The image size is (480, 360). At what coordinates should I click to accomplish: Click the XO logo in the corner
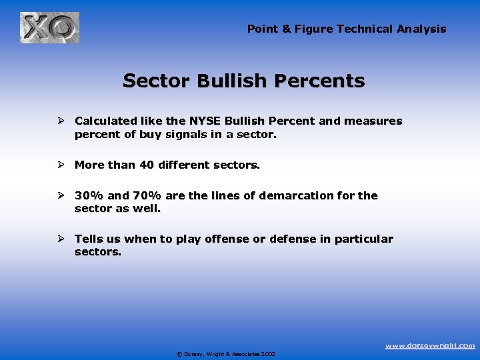(49, 27)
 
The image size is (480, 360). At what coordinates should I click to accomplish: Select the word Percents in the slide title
(327, 81)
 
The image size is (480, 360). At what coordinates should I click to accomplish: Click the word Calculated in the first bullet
(107, 121)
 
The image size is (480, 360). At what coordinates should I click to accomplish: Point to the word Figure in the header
(317, 29)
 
